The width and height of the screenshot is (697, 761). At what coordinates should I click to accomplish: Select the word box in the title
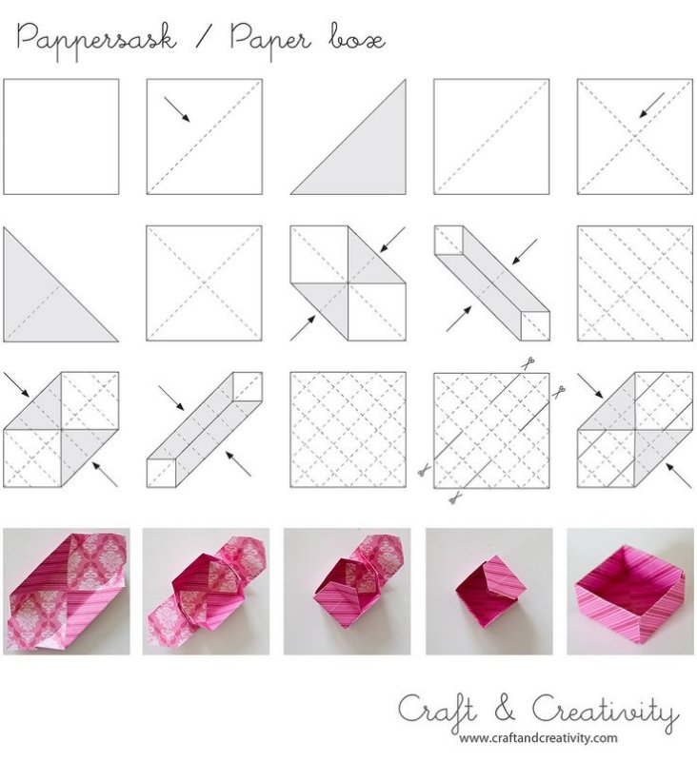coord(358,39)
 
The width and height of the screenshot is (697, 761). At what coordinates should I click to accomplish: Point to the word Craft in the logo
coord(437,711)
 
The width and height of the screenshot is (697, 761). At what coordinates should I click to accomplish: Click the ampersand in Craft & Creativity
coord(506,709)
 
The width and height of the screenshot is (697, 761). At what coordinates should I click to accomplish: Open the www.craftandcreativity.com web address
coord(538,739)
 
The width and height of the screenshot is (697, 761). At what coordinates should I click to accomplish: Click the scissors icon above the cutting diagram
coord(529,362)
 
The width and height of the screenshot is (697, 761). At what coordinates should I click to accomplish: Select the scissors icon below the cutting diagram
coord(454,498)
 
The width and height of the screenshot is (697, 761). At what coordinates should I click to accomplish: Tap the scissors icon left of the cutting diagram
coord(424,470)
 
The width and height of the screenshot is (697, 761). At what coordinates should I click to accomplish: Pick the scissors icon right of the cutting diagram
coord(559,390)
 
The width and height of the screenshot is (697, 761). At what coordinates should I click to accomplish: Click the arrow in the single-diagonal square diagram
coord(177,109)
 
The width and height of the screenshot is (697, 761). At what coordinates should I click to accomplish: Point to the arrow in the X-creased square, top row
coord(651,106)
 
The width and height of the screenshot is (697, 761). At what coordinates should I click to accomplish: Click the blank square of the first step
coord(61,137)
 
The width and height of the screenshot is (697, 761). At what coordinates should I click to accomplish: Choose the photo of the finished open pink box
coord(630,592)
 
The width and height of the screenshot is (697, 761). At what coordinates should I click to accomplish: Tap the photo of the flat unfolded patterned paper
coord(67,592)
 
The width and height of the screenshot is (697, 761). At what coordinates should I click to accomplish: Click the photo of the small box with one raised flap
coord(489,592)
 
